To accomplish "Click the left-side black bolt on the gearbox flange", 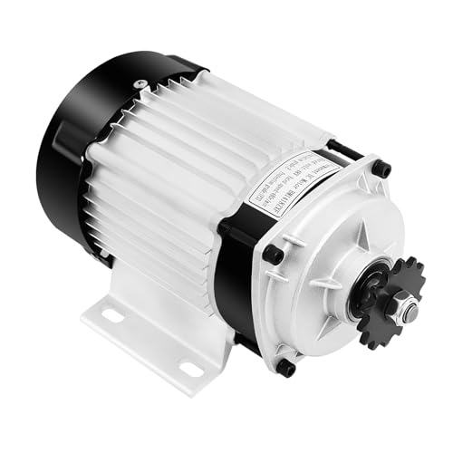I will (272, 255).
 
